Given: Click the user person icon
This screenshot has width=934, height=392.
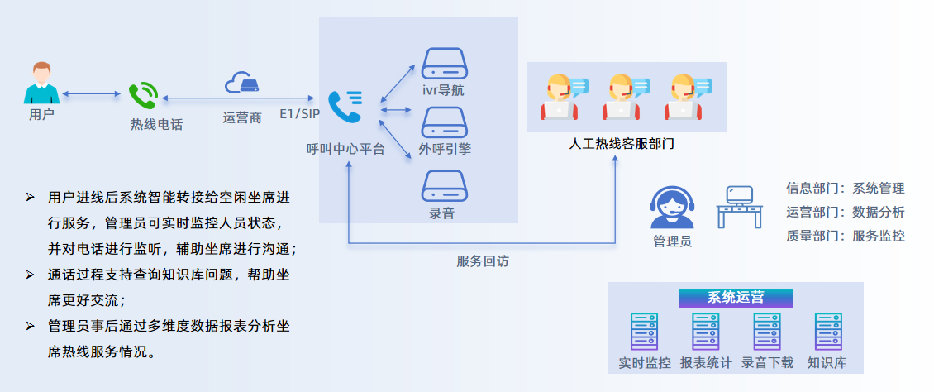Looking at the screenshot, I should point(41,82).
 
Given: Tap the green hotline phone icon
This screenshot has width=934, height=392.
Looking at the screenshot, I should point(143,96).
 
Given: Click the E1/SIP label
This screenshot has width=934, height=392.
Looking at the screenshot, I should point(299,113).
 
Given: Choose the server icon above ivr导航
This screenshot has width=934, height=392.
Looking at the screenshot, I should point(445,62).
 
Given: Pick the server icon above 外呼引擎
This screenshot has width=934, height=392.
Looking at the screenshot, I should point(445,122).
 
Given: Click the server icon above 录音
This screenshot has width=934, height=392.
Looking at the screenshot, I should point(445,185).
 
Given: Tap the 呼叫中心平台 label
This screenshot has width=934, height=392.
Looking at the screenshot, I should point(345,150).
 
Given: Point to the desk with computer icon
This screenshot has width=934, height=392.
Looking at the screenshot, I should point(739,207).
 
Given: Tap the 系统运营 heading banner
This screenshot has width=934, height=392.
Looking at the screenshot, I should point(736,298).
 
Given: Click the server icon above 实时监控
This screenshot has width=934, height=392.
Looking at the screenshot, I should point(645,332).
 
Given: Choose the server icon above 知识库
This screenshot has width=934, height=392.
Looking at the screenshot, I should point(827,332).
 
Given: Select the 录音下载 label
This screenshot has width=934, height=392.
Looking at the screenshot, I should point(767,362).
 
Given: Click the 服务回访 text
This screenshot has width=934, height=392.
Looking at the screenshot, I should point(483,261).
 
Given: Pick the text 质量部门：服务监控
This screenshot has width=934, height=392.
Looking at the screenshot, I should point(845,236).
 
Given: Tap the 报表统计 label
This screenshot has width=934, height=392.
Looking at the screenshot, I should point(706,362).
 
